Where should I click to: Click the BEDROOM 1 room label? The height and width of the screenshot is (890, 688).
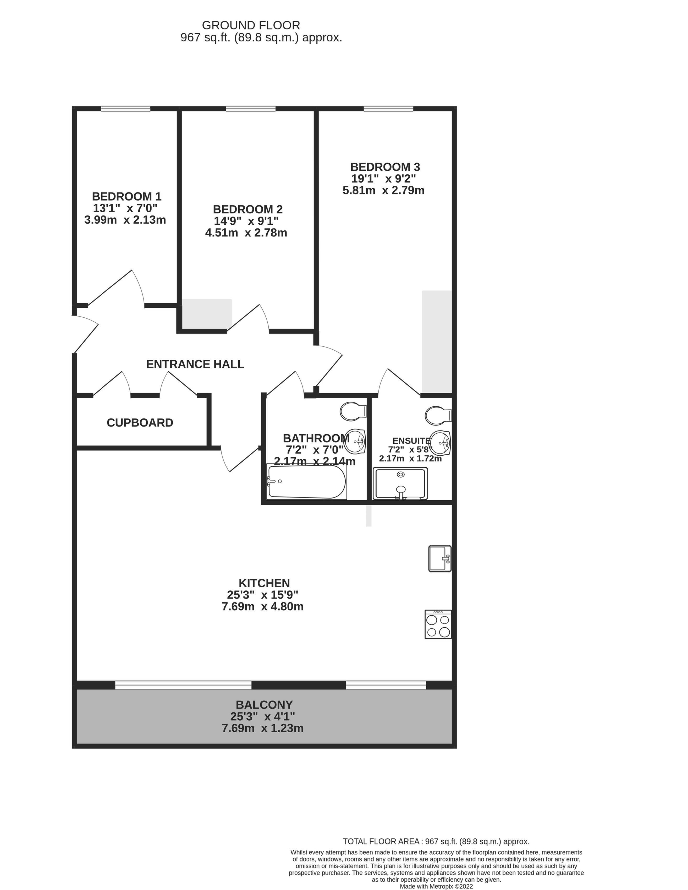(127, 196)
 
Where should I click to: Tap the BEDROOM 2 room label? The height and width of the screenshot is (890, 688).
(248, 209)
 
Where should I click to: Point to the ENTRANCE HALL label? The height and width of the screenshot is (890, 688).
(195, 364)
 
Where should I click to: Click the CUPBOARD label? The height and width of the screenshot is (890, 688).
(140, 423)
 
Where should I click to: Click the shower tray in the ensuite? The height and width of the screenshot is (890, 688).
(400, 484)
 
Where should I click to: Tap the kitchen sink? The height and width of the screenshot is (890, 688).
(440, 559)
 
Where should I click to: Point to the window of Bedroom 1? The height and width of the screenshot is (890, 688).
(125, 109)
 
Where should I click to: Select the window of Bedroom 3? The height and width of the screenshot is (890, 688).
(388, 109)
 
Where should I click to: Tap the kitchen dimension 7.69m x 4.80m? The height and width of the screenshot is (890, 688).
(262, 607)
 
